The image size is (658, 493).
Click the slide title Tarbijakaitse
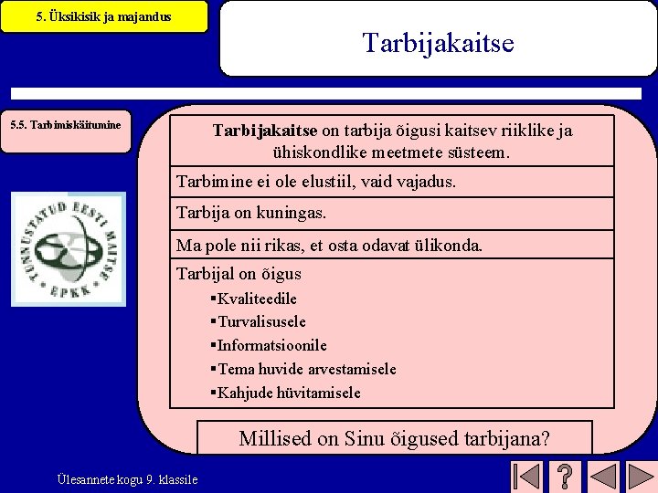(438, 43)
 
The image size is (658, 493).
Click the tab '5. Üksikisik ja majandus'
(103, 16)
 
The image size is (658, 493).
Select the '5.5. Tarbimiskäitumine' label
(65, 124)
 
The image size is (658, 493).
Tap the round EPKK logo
(69, 248)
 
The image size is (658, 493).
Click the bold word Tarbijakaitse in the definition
(265, 131)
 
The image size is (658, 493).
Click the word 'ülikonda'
(450, 246)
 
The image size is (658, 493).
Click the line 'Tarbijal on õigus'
(239, 274)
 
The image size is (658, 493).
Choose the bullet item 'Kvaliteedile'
(257, 299)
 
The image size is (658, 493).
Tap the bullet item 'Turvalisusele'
(261, 321)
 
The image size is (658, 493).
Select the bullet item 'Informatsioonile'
(271, 345)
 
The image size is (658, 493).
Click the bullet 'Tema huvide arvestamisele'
(306, 369)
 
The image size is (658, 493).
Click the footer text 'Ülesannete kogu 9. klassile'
(127, 478)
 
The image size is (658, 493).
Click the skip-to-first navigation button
(525, 477)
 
